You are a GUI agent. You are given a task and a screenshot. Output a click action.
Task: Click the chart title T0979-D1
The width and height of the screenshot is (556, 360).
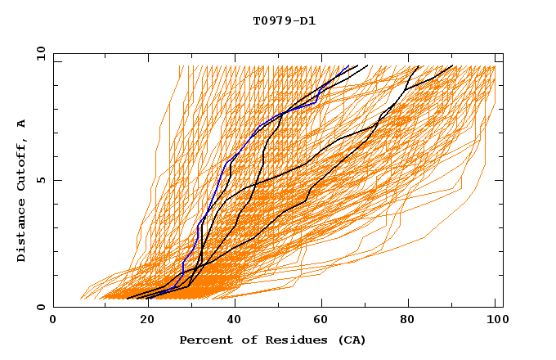284,21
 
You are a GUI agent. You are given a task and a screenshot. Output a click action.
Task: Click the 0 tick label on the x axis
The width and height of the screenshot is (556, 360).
53,321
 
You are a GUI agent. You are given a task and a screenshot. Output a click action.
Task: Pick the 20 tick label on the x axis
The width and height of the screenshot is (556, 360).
141,321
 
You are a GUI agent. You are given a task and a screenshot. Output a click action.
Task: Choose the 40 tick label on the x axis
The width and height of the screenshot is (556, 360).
230,321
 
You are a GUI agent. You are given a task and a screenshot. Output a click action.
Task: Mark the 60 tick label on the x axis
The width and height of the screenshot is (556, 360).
318,321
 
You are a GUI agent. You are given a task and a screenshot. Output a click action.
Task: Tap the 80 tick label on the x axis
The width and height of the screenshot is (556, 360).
406,321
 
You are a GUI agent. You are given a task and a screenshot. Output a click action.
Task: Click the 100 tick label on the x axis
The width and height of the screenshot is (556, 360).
495,321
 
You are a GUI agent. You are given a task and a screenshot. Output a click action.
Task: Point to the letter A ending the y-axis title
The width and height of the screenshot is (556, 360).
22,124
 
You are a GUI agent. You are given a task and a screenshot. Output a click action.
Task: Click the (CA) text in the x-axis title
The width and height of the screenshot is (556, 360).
349,340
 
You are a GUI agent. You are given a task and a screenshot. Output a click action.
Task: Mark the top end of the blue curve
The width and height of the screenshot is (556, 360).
349,66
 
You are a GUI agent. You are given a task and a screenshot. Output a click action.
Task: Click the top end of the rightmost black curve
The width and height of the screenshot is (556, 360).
452,66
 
